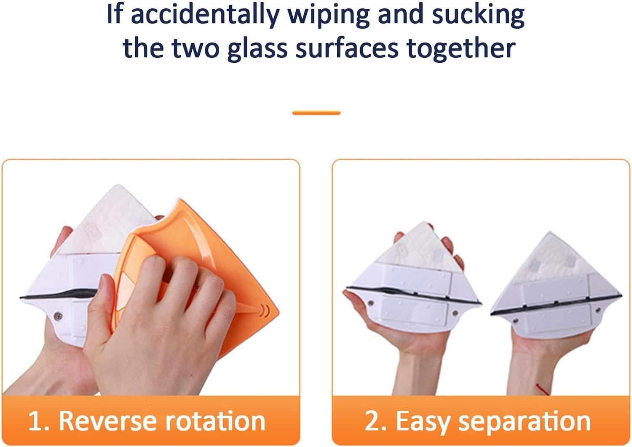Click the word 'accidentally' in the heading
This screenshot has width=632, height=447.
pos(204,15)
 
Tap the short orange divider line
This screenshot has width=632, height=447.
pos(316,113)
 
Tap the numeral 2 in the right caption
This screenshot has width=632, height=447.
pos(372,421)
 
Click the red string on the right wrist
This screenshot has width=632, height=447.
pos(542,388)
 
